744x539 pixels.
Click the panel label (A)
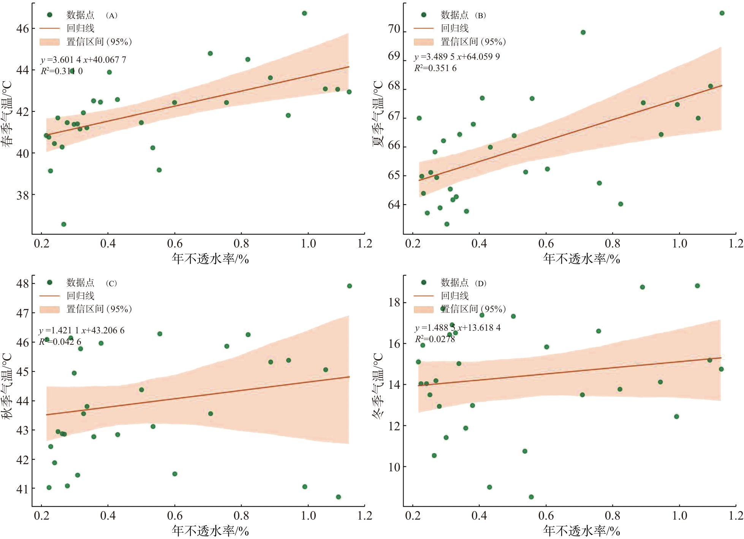(x=111, y=16)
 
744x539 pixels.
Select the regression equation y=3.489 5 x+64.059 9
(x=457, y=57)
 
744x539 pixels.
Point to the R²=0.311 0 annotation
(x=62, y=71)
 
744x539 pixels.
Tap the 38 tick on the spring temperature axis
(x=23, y=195)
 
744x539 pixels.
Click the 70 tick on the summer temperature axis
(x=394, y=29)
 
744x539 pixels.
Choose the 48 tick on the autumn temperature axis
(x=23, y=284)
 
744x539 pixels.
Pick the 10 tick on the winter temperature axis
(x=394, y=467)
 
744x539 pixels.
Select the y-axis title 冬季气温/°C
(x=378, y=385)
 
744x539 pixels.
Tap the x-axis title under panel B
(x=581, y=259)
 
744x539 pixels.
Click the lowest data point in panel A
(x=64, y=224)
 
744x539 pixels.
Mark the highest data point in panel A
(x=304, y=13)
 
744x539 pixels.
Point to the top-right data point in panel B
(x=722, y=13)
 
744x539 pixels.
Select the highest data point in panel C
(x=350, y=286)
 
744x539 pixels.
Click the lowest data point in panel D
(x=531, y=497)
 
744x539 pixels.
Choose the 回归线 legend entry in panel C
(x=80, y=296)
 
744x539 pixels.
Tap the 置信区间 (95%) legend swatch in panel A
(x=49, y=42)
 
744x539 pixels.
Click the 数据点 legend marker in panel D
(x=424, y=282)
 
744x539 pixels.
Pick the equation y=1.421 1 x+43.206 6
(x=82, y=331)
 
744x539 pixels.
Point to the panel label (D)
(x=481, y=284)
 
